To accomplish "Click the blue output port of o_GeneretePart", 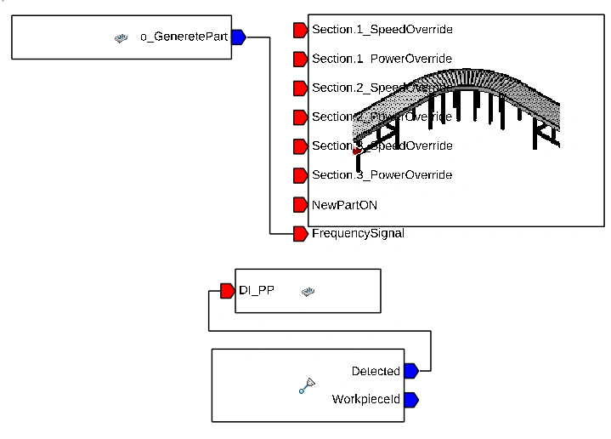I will [x=238, y=37].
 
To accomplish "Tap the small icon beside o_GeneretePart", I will [x=122, y=37].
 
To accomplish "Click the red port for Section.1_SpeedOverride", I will [x=300, y=30].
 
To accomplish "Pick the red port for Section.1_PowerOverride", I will [x=300, y=59].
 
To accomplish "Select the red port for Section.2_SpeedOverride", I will [x=300, y=88].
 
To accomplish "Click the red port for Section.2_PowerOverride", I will [x=300, y=117].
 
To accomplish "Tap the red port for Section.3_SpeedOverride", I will [x=300, y=146].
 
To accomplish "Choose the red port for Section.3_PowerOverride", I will [x=300, y=175].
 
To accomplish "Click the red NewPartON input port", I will [x=300, y=204].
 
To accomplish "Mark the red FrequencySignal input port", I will [x=300, y=233].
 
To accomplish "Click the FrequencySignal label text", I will [x=358, y=233].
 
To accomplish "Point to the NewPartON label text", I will [x=344, y=204].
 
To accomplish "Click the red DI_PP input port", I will [x=227, y=291].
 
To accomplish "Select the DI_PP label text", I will [x=257, y=291].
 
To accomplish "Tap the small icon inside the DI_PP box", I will [x=308, y=292].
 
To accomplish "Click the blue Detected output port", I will [x=410, y=370].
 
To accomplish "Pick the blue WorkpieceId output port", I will [x=410, y=399].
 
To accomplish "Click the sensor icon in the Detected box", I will [x=308, y=385].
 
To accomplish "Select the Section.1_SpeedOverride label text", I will [x=382, y=30].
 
